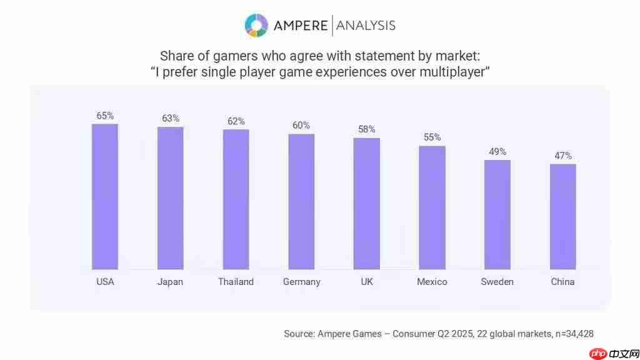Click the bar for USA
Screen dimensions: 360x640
(105, 196)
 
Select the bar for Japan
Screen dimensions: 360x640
(170, 198)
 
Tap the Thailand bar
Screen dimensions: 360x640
(236, 199)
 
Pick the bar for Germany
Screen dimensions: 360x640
(301, 201)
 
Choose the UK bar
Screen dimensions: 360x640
(367, 203)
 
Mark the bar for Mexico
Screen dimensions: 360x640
(432, 207)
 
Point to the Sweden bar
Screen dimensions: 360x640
(497, 214)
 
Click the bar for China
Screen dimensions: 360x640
(562, 216)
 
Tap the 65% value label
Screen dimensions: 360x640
(105, 116)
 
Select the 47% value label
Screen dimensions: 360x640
(563, 156)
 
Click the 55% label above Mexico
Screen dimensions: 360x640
(432, 137)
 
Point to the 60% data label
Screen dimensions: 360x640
(301, 125)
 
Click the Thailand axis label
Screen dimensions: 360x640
(236, 282)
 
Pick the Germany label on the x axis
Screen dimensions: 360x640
(301, 282)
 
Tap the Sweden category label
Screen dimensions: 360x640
(497, 282)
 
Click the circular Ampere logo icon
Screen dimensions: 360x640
(256, 25)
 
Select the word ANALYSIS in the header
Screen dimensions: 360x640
(366, 26)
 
